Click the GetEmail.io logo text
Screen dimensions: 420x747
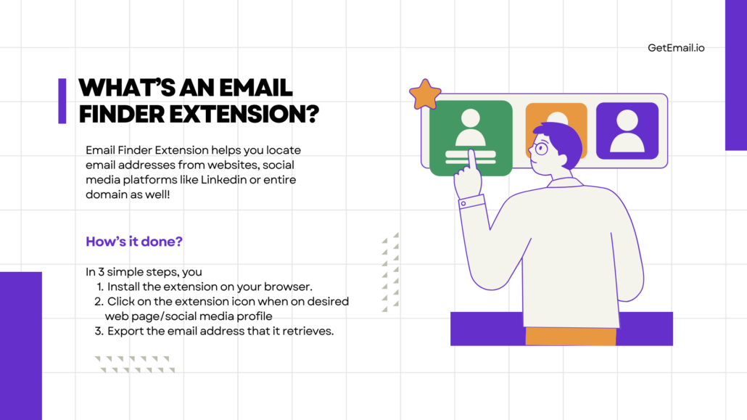click(x=676, y=48)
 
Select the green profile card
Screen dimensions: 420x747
click(x=471, y=137)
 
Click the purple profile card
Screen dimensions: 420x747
click(x=627, y=131)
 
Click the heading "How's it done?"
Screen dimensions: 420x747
click(x=134, y=242)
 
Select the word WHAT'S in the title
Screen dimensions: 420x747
click(x=120, y=88)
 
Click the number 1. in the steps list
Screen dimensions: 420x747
click(x=100, y=287)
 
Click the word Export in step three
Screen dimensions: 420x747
click(x=126, y=332)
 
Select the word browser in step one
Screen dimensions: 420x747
click(x=288, y=287)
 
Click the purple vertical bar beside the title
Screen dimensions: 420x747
click(x=62, y=101)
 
